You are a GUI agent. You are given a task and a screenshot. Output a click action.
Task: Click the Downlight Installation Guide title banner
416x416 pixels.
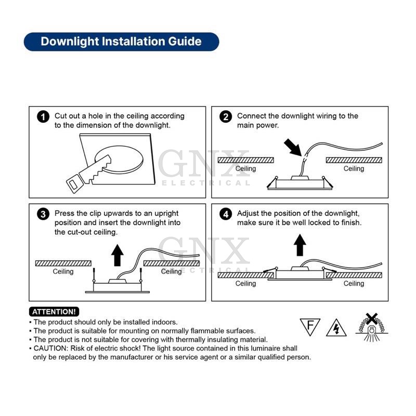pyautogui.click(x=121, y=42)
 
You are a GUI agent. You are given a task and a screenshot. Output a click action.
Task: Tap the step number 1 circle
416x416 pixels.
pyautogui.click(x=43, y=116)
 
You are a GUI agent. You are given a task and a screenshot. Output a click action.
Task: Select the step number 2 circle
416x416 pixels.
pyautogui.click(x=226, y=116)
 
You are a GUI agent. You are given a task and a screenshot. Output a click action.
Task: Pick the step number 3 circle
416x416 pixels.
pyautogui.click(x=43, y=214)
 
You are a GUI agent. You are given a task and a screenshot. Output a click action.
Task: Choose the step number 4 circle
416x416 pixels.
pyautogui.click(x=226, y=214)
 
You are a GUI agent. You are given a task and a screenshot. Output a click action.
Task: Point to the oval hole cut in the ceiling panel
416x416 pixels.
pyautogui.click(x=119, y=160)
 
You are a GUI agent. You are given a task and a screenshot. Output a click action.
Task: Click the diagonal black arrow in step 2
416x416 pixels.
pyautogui.click(x=293, y=148)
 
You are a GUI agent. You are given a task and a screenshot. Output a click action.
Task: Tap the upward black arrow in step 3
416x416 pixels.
pyautogui.click(x=118, y=255)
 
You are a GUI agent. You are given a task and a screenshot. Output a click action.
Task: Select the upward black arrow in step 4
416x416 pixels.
pyautogui.click(x=300, y=245)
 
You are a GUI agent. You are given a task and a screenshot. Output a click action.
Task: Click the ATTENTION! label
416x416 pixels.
pyautogui.click(x=54, y=311)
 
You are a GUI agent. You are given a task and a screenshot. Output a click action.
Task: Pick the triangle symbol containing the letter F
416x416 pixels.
pyautogui.click(x=310, y=327)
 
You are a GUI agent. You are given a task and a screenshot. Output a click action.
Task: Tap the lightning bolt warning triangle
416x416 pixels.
pyautogui.click(x=336, y=328)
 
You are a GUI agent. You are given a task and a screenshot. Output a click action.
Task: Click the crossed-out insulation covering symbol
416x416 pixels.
pyautogui.click(x=371, y=327)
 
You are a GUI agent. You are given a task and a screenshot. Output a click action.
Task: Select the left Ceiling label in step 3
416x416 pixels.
pyautogui.click(x=63, y=271)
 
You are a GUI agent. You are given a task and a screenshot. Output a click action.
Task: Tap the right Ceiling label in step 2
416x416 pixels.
pyautogui.click(x=354, y=168)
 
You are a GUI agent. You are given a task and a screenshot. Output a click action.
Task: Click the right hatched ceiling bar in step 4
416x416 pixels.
pyautogui.click(x=354, y=275)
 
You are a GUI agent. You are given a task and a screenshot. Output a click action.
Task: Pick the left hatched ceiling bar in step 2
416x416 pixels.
pyautogui.click(x=245, y=160)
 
